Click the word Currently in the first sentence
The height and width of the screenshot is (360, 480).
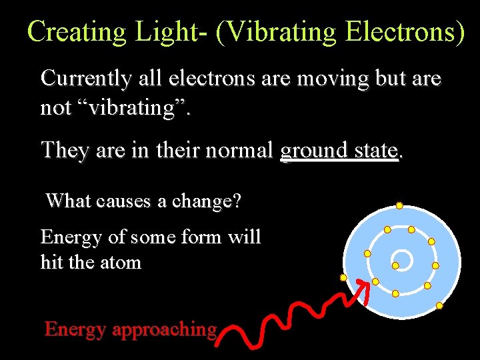click(x=85, y=79)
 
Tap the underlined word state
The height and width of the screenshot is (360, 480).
click(x=377, y=151)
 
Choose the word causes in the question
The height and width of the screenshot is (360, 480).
click(x=124, y=200)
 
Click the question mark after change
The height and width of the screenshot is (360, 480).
click(x=237, y=200)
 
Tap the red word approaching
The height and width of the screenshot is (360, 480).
click(x=165, y=329)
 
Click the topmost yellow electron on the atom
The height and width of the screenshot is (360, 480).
click(x=399, y=205)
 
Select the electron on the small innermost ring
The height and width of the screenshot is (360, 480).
click(x=395, y=266)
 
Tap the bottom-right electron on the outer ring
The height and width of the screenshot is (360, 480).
click(x=439, y=305)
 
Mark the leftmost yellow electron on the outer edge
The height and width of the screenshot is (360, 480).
click(x=343, y=277)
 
